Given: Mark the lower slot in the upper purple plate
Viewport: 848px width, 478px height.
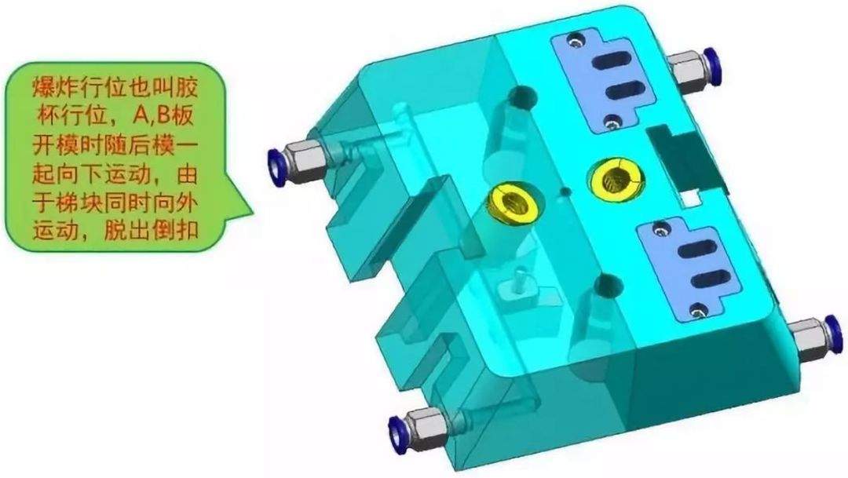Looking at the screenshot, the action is [x=626, y=90].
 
